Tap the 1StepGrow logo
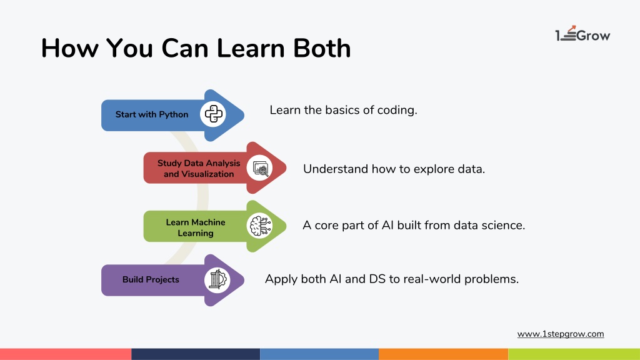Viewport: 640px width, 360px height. click(x=582, y=34)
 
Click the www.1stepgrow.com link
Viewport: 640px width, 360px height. click(x=561, y=334)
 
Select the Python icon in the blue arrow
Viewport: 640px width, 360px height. click(x=213, y=114)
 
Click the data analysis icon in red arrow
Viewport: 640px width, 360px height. click(x=259, y=167)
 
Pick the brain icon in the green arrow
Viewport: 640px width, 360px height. click(x=259, y=226)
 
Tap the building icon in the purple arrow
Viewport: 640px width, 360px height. click(x=217, y=280)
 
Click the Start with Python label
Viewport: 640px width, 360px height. click(x=152, y=115)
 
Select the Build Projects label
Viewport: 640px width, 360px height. click(x=151, y=279)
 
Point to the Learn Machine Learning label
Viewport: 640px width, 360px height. click(x=196, y=227)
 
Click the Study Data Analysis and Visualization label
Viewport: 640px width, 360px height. click(x=199, y=169)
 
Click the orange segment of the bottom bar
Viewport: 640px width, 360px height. click(x=444, y=354)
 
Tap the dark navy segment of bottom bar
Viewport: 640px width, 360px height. click(x=196, y=354)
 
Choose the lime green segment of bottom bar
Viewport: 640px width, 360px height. click(x=574, y=354)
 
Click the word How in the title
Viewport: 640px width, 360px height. click(x=70, y=48)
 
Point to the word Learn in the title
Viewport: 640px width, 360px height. click(x=250, y=48)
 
